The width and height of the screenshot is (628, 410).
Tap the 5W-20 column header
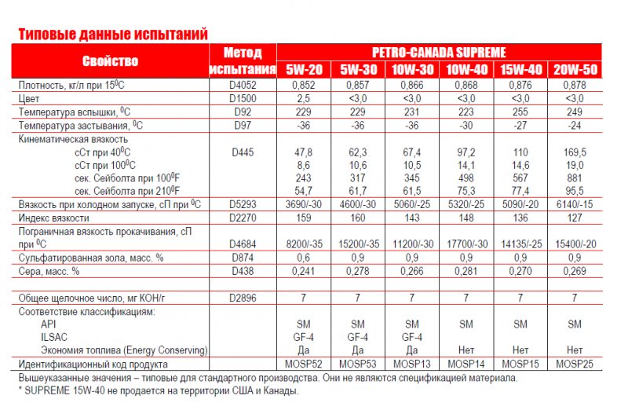coord(304,69)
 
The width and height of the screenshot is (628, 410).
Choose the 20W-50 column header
coord(575,69)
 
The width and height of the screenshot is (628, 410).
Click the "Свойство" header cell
coord(110,61)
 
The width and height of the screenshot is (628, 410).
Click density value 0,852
coord(304,85)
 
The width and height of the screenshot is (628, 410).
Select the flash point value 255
coord(520,112)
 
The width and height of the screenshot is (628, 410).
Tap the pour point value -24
coord(575,125)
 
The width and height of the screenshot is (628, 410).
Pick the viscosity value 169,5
coord(575,152)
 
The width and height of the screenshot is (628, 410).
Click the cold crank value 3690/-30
coord(304,204)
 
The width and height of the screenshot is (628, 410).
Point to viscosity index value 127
coord(575,218)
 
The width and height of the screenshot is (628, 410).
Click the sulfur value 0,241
coord(304,271)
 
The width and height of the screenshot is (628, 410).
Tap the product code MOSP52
coord(304,364)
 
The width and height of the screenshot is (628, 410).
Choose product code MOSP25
coord(575,364)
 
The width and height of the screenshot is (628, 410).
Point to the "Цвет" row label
coord(30,98)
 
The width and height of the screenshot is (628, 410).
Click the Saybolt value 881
coord(575,178)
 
